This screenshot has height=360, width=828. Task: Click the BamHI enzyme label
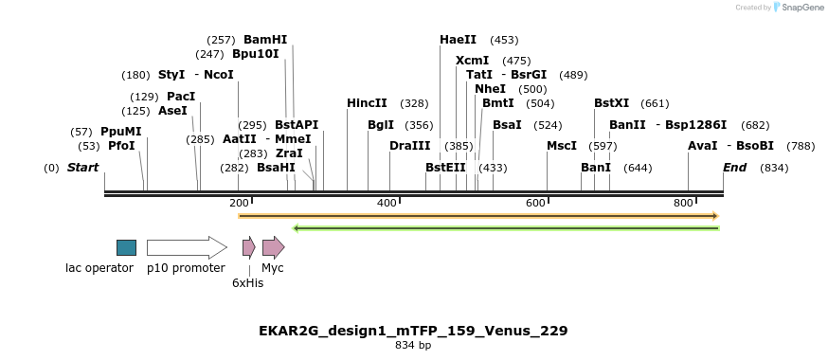click(x=265, y=40)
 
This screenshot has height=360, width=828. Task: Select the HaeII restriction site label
click(x=459, y=40)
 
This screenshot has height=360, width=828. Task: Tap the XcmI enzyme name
click(x=473, y=61)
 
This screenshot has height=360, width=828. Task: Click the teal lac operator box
click(x=126, y=247)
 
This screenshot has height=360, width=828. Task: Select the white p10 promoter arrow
click(x=187, y=247)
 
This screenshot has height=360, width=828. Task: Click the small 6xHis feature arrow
click(x=248, y=247)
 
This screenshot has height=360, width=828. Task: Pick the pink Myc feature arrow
click(x=274, y=247)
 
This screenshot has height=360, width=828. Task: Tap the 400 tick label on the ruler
click(x=387, y=204)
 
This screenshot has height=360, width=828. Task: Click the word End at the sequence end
click(x=734, y=168)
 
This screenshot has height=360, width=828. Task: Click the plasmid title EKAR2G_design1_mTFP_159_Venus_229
click(x=413, y=331)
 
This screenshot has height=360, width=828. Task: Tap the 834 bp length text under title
click(x=413, y=346)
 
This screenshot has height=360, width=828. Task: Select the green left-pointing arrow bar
click(x=506, y=228)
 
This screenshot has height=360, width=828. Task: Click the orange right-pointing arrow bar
click(x=478, y=216)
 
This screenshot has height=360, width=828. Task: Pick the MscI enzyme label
click(x=562, y=146)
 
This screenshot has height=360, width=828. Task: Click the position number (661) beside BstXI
click(x=655, y=103)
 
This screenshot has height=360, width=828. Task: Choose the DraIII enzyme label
click(x=410, y=146)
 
